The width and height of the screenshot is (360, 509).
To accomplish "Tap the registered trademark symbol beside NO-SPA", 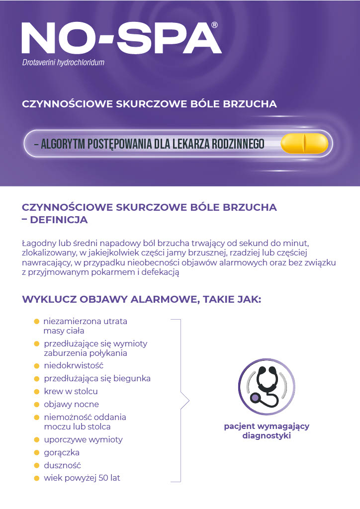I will click(x=214, y=24).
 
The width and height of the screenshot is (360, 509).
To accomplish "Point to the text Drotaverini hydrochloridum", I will click(x=63, y=63).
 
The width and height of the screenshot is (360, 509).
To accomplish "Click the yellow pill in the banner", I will click(x=304, y=144).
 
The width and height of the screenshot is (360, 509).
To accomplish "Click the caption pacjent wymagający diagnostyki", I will click(x=267, y=431).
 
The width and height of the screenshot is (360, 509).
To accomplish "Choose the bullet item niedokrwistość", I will click(x=73, y=365).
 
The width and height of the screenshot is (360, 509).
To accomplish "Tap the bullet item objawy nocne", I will click(x=71, y=404).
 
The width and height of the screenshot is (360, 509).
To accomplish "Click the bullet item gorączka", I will click(x=62, y=452).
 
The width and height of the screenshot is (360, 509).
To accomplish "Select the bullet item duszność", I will click(x=62, y=465).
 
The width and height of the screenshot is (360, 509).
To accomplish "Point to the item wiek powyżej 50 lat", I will click(x=82, y=478).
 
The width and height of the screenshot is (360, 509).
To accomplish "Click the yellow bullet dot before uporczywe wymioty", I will click(x=37, y=440).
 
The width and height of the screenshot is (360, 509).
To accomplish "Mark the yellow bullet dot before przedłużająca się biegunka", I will click(x=37, y=379).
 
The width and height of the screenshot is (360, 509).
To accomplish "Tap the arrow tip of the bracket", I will click(x=189, y=400).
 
